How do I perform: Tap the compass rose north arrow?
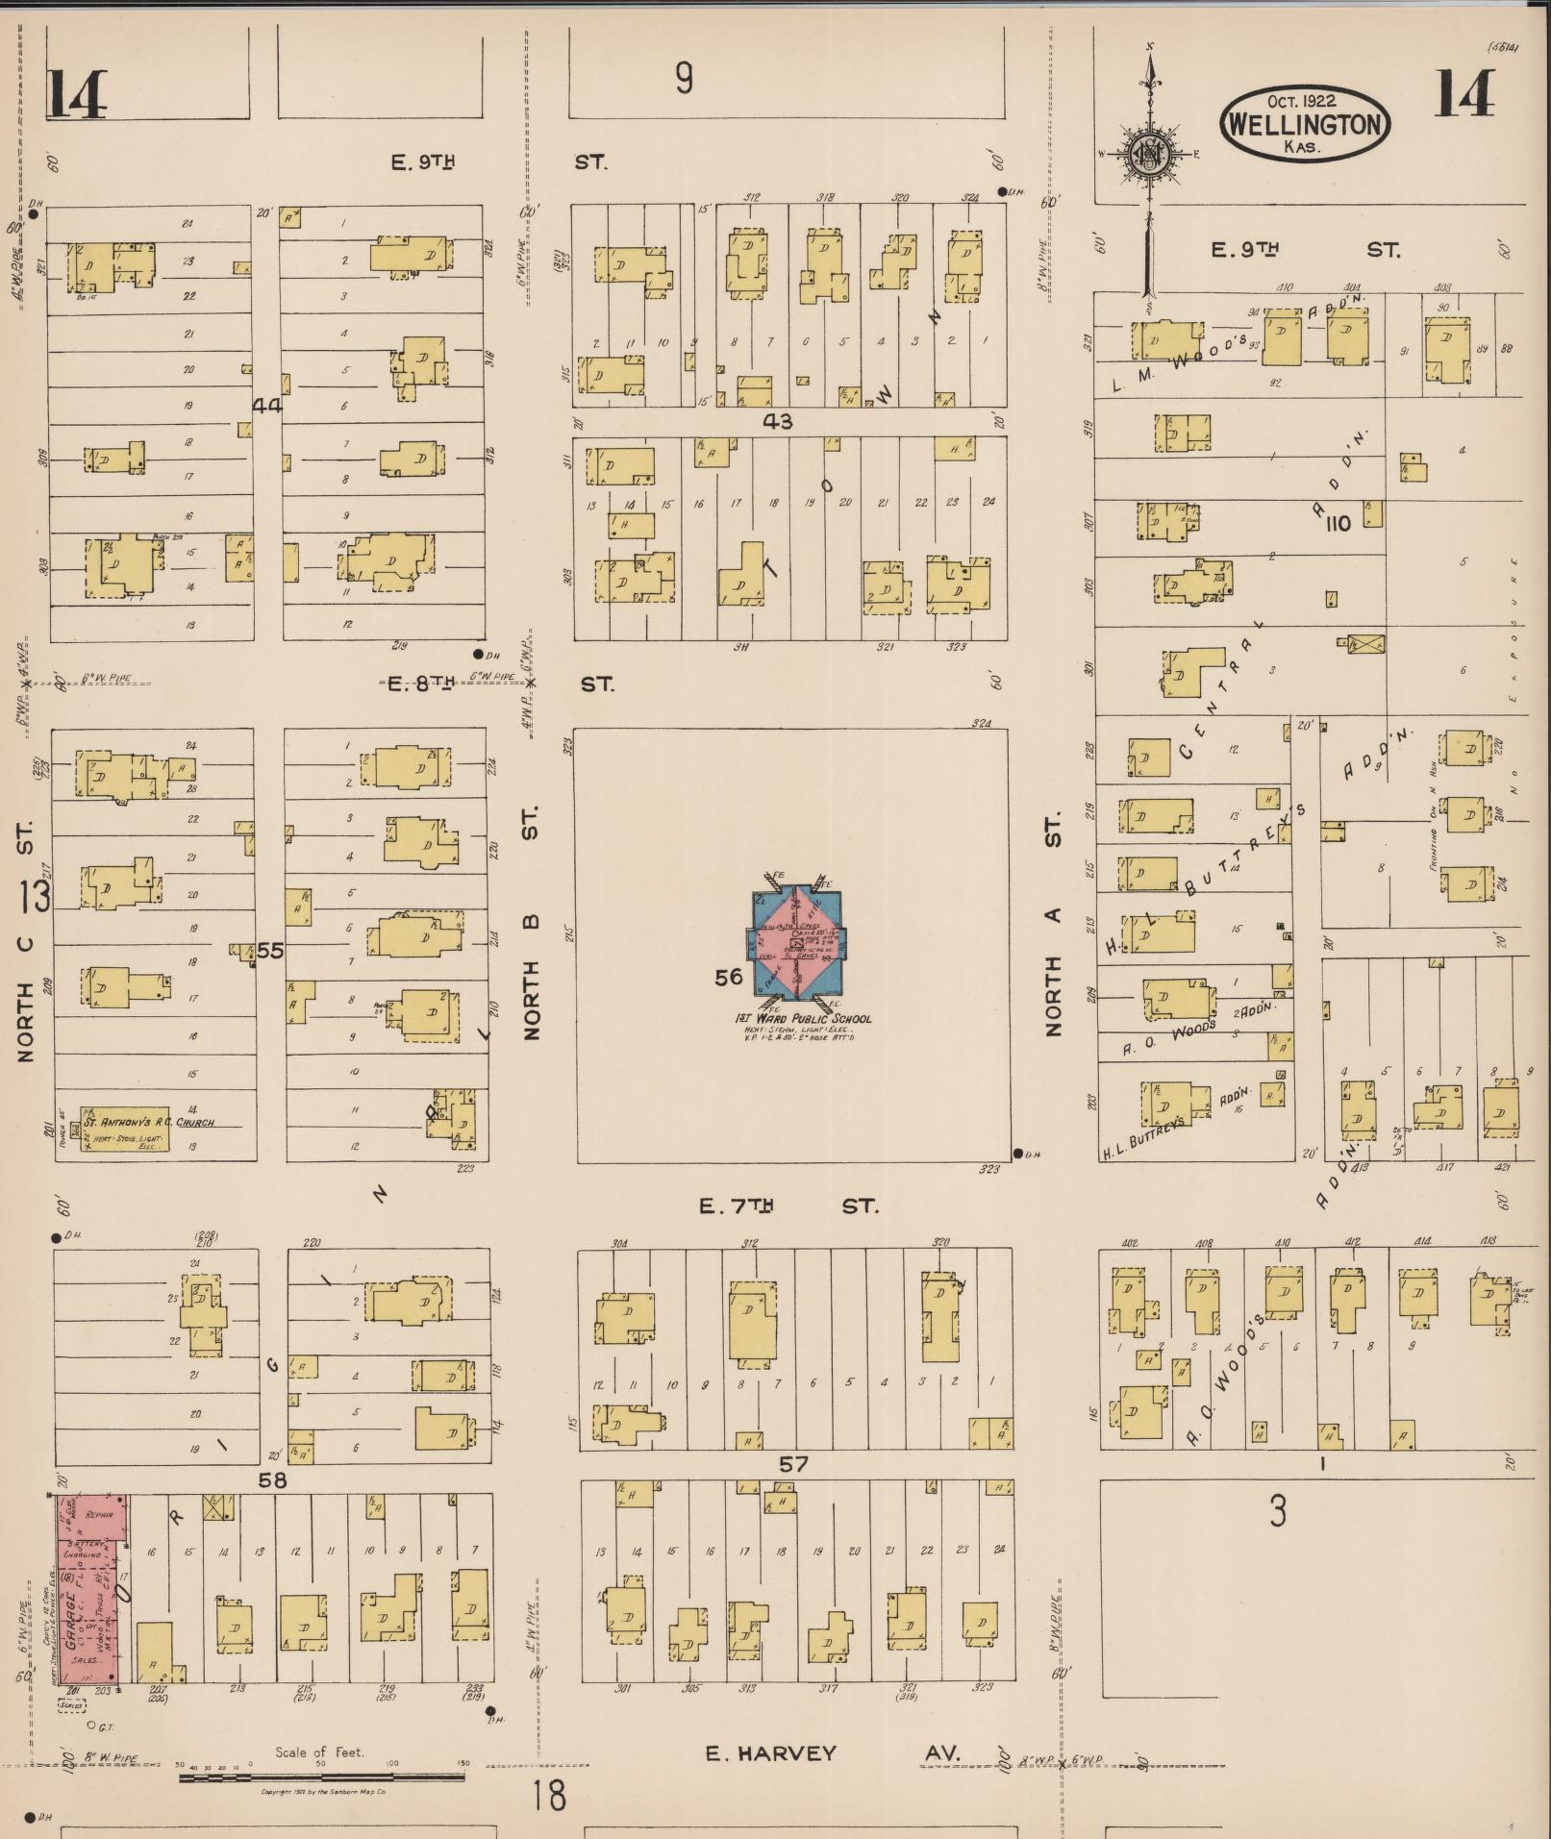tap(1148, 154)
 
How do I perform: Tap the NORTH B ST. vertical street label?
tap(531, 923)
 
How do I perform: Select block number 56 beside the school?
tap(729, 977)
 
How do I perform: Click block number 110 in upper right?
tap(1338, 524)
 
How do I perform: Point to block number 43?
tap(777, 421)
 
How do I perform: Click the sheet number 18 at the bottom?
tap(549, 1795)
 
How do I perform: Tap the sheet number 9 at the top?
tap(684, 78)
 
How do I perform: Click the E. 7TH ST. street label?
tap(788, 1205)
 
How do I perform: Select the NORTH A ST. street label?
tap(1054, 923)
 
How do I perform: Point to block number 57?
tap(793, 1464)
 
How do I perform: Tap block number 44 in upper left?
tap(266, 406)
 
